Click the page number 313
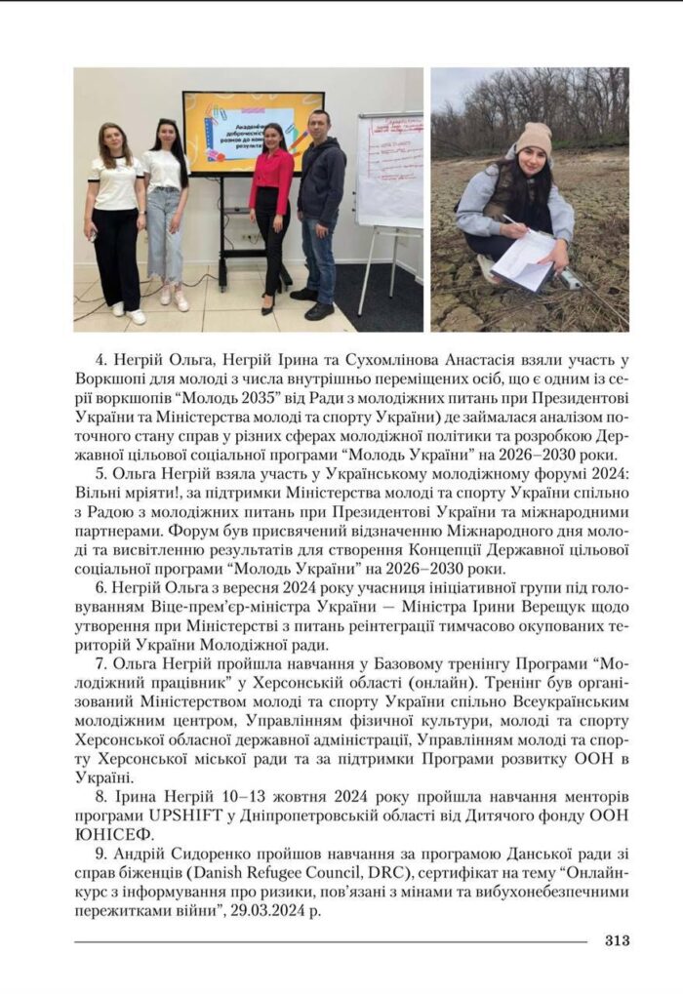point(617,940)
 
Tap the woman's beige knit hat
point(535,137)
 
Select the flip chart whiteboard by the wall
point(389,171)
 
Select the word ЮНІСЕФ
point(114,831)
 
